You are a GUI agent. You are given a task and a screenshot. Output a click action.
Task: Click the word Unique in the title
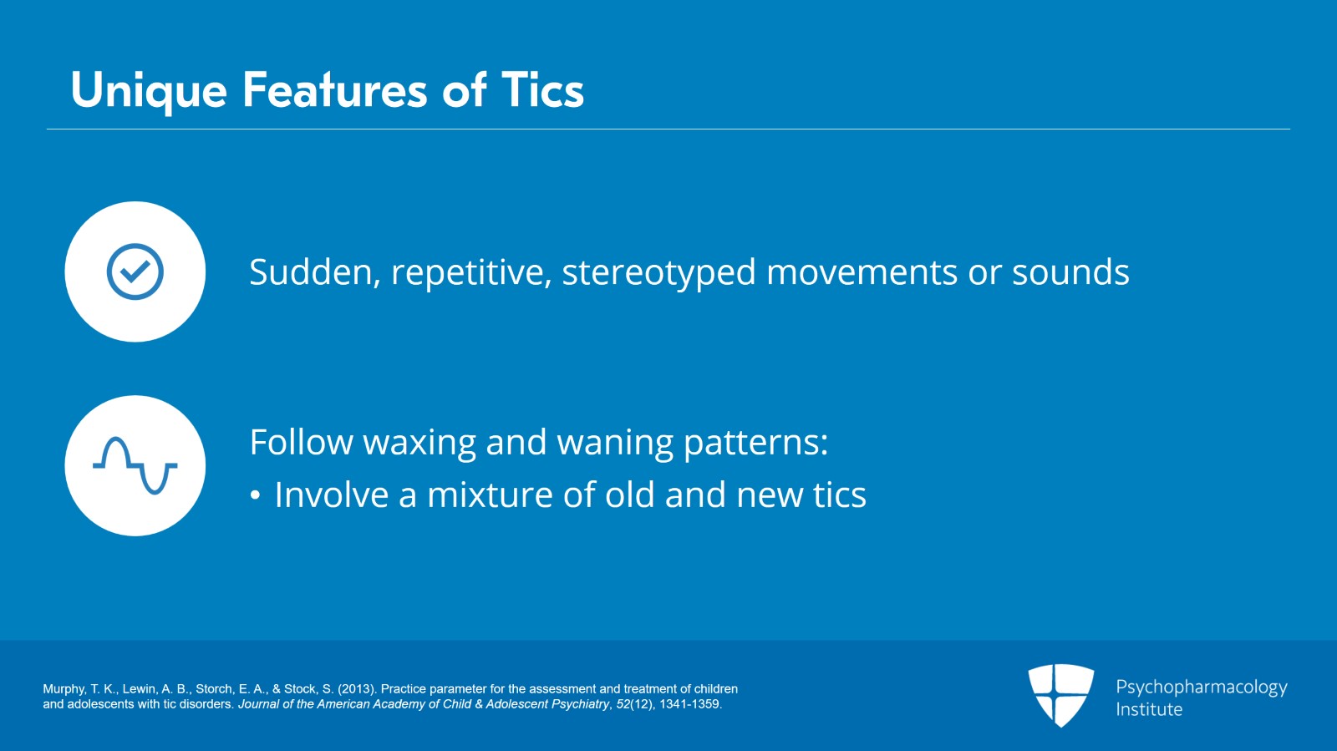(x=149, y=91)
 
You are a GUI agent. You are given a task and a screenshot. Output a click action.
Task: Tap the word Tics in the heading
(x=542, y=90)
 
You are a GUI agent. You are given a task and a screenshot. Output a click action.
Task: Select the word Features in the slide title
(x=335, y=90)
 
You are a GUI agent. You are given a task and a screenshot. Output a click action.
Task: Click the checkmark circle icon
(x=135, y=271)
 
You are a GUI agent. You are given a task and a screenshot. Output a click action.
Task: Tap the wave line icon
(x=135, y=466)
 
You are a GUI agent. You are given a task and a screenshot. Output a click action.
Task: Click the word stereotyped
(x=659, y=273)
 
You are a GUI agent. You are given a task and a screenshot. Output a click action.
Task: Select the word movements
(x=862, y=273)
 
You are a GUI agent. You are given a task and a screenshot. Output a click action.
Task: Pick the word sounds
(x=1070, y=272)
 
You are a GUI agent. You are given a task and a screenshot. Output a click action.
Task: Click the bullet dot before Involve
(x=256, y=495)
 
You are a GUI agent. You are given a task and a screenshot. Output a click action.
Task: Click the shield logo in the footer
(x=1060, y=696)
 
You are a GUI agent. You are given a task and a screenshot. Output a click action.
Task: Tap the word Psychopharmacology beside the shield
(x=1202, y=688)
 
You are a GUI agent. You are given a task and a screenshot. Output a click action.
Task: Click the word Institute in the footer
(x=1149, y=709)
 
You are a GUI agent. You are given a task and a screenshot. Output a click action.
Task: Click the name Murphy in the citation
(x=64, y=689)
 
